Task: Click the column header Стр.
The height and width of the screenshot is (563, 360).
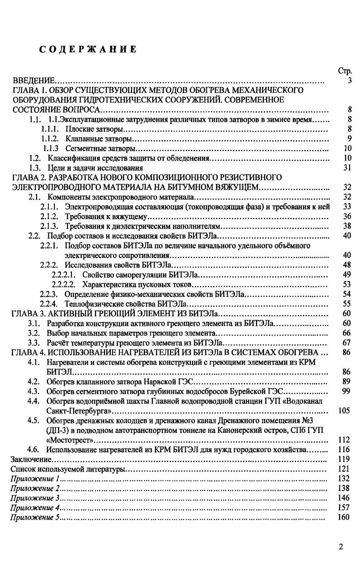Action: [x=344, y=71]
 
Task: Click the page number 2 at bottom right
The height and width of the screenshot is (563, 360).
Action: [x=341, y=547]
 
